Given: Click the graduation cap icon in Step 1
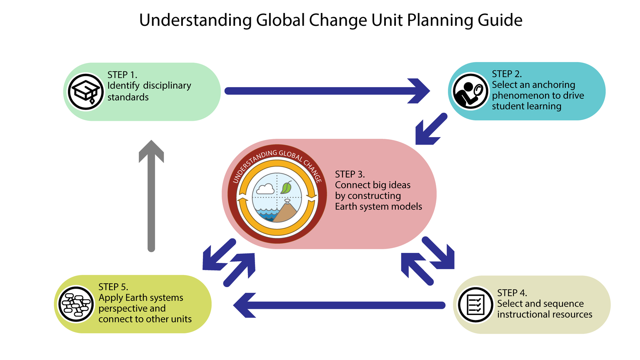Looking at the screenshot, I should (85, 92).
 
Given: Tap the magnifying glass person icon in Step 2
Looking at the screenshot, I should (470, 92).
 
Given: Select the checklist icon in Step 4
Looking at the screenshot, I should (475, 305).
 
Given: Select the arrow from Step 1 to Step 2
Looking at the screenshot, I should (327, 91).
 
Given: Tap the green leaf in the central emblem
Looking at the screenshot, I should (286, 187).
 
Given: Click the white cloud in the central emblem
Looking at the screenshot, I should (265, 190).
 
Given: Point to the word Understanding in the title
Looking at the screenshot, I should (195, 20).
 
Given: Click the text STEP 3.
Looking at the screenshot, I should (350, 174).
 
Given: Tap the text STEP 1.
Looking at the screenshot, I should (122, 75).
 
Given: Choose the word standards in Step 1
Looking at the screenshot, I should (128, 97).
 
